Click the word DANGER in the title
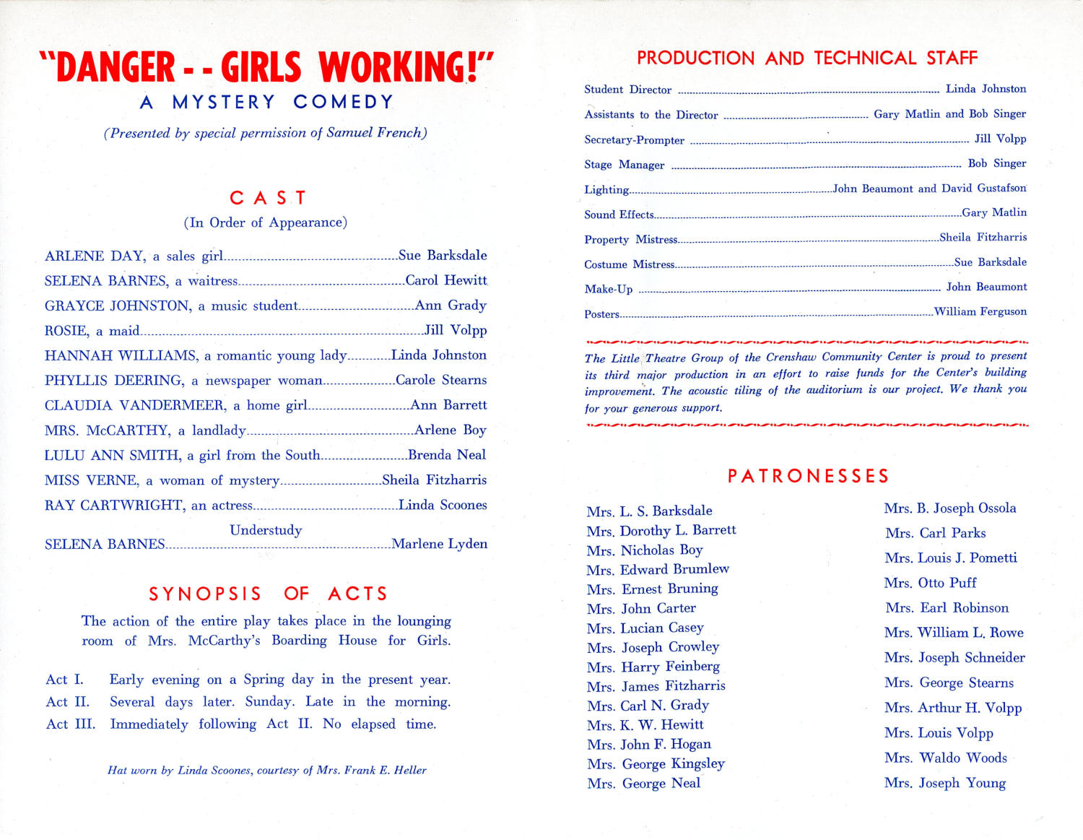[116, 67]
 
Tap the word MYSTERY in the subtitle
[224, 103]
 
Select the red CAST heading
[268, 198]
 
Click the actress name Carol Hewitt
[446, 280]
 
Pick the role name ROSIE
[66, 331]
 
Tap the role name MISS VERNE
[91, 480]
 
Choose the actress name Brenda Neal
[447, 455]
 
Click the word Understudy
[266, 530]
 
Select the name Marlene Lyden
[439, 544]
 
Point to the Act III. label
[70, 724]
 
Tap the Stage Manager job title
[624, 165]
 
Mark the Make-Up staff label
[608, 289]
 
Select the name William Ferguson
[980, 312]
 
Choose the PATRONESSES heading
[808, 476]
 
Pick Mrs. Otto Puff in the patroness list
[930, 583]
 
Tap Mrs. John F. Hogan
[649, 744]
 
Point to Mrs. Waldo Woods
[945, 758]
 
